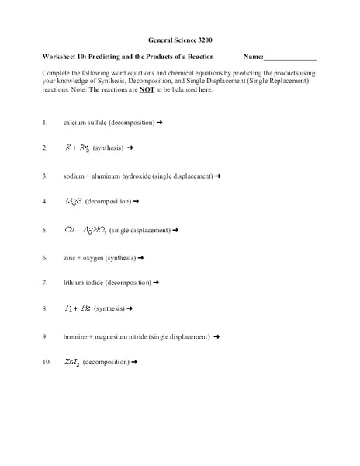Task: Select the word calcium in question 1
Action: [75, 123]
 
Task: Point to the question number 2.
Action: [45, 148]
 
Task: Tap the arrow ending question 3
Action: [219, 176]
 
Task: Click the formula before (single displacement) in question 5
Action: [86, 230]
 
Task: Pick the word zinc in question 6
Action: [71, 257]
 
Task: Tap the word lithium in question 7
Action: [74, 283]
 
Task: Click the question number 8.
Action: [45, 309]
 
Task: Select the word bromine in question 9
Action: [76, 337]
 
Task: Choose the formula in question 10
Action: [71, 363]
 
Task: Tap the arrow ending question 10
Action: [136, 363]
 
